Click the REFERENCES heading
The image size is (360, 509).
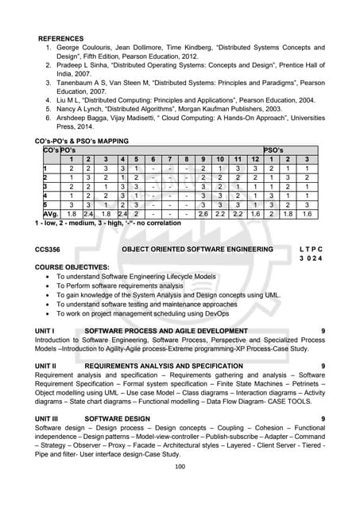61,37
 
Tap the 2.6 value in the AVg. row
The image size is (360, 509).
203,213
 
